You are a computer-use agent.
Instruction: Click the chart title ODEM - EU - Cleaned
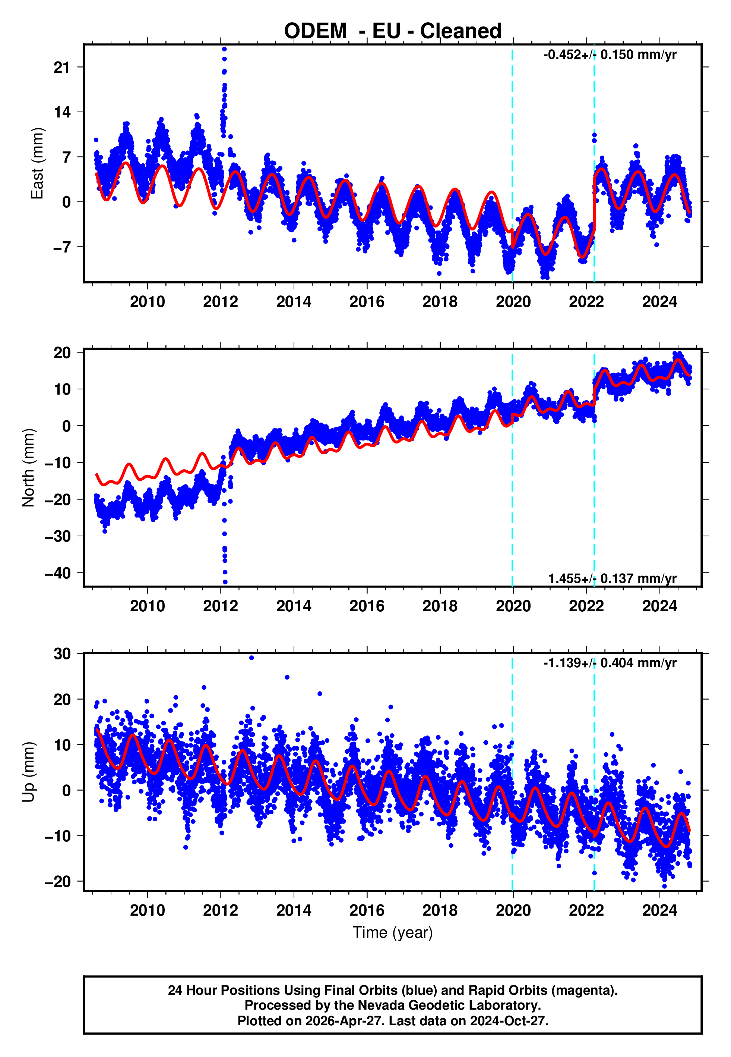(x=393, y=31)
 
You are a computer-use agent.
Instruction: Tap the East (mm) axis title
(x=37, y=163)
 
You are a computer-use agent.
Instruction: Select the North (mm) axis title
(x=28, y=468)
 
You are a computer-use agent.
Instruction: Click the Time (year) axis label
(x=393, y=932)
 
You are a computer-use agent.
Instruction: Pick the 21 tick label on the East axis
(x=62, y=68)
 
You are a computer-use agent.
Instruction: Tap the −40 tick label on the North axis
(x=58, y=573)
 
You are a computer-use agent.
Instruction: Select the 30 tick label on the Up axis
(x=62, y=654)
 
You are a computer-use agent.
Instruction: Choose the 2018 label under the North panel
(x=440, y=606)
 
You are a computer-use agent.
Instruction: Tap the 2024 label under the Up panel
(x=659, y=910)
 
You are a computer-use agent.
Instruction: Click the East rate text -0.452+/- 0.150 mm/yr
(x=610, y=55)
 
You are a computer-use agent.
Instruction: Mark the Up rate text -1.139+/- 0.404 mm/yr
(x=610, y=663)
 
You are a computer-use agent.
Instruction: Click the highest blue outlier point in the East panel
(x=224, y=49)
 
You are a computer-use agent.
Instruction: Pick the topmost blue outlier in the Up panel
(x=251, y=658)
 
